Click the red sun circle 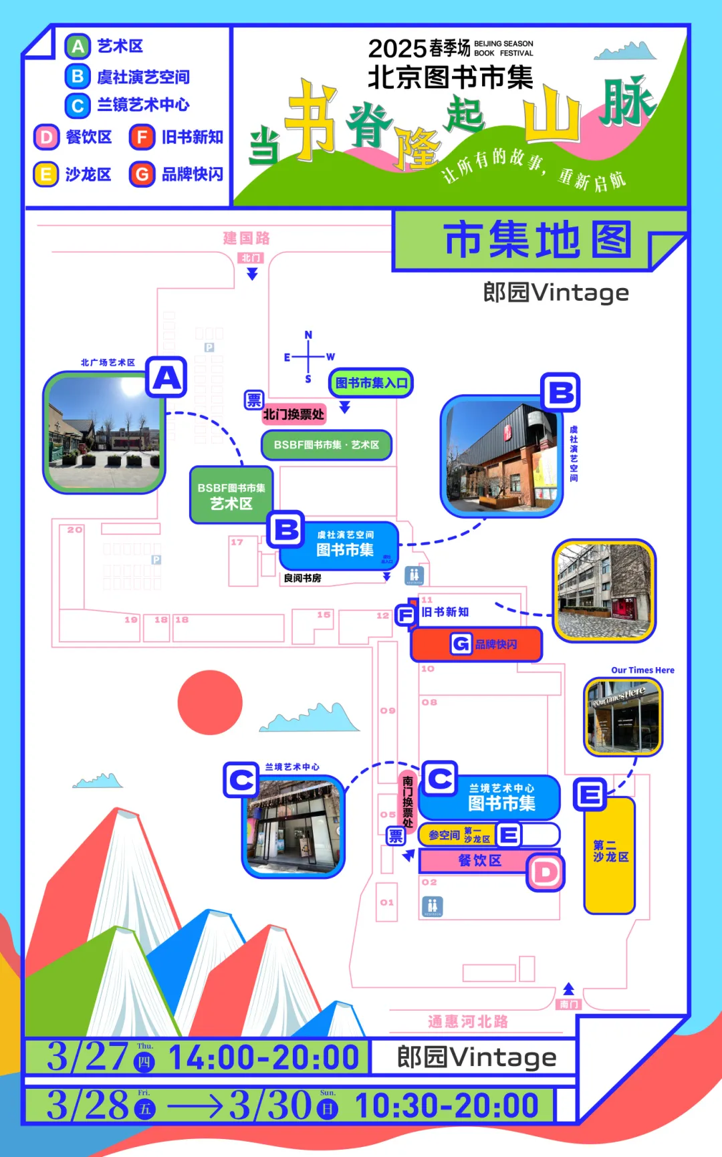(x=210, y=702)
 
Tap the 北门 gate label (x=251, y=258)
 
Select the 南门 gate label (x=569, y=1004)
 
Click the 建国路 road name (x=246, y=238)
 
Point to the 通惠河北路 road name (x=468, y=1021)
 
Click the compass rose (x=308, y=357)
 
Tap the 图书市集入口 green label (x=371, y=383)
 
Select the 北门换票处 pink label (x=293, y=414)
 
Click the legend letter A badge (x=78, y=47)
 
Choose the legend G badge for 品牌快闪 (x=142, y=174)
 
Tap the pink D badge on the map (x=546, y=872)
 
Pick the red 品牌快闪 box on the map (x=476, y=644)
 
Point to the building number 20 (x=74, y=529)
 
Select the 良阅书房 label (x=302, y=578)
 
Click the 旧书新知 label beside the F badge (x=445, y=612)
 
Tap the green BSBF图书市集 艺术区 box (x=231, y=495)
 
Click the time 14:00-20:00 (x=263, y=1058)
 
